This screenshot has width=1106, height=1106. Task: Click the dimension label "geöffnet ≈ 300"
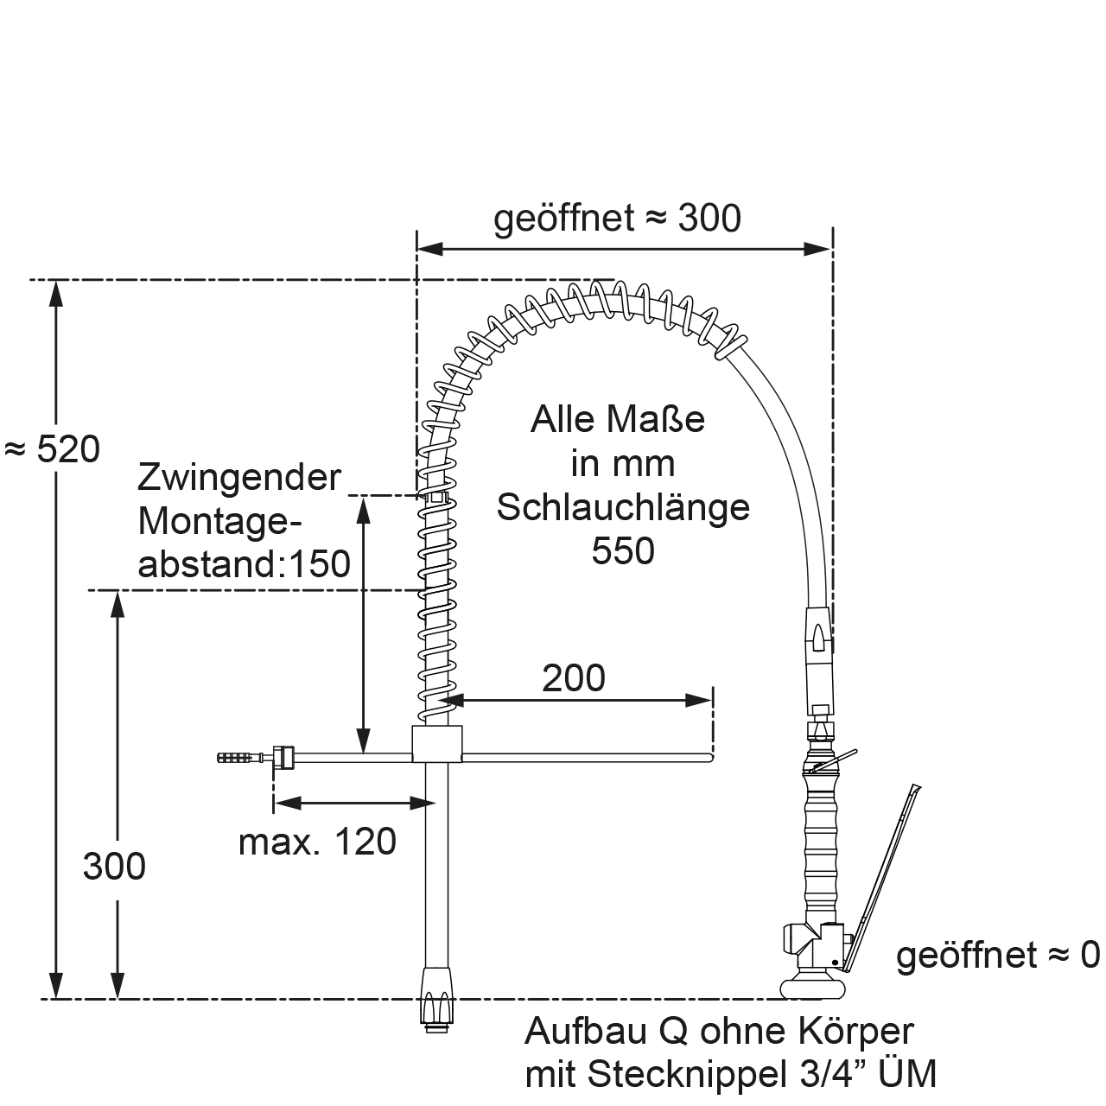pyautogui.click(x=617, y=219)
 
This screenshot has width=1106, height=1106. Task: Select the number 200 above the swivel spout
pyautogui.click(x=574, y=679)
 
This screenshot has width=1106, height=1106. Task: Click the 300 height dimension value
pyautogui.click(x=114, y=866)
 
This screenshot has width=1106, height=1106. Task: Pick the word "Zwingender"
pyautogui.click(x=239, y=477)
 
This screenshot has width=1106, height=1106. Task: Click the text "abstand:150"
pyautogui.click(x=245, y=564)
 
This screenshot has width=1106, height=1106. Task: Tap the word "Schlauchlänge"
pyautogui.click(x=623, y=507)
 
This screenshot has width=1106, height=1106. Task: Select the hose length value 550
pyautogui.click(x=623, y=551)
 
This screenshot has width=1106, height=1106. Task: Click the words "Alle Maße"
pyautogui.click(x=618, y=421)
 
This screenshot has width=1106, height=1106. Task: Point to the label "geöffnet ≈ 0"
pyautogui.click(x=998, y=955)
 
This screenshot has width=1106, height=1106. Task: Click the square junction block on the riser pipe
pyautogui.click(x=437, y=743)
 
